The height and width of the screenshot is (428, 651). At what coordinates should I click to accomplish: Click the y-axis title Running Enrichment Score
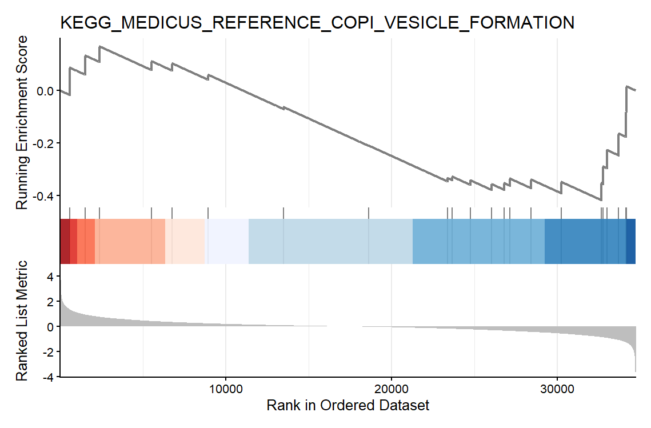click(22, 122)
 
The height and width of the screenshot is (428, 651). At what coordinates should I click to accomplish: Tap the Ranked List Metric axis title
click(22, 321)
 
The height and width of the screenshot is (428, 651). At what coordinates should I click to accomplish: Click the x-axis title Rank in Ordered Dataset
click(348, 406)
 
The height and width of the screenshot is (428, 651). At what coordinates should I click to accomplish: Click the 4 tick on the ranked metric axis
click(49, 277)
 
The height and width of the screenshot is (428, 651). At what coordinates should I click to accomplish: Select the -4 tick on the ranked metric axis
click(47, 377)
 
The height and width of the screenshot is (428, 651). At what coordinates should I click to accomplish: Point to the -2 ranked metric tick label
click(47, 352)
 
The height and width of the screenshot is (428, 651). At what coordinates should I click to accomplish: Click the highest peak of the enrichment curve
click(100, 47)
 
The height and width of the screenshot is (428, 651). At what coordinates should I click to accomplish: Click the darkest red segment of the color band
click(64, 241)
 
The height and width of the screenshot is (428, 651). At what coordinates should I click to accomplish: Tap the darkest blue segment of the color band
click(631, 241)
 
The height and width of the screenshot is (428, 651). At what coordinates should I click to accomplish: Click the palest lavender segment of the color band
click(227, 241)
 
